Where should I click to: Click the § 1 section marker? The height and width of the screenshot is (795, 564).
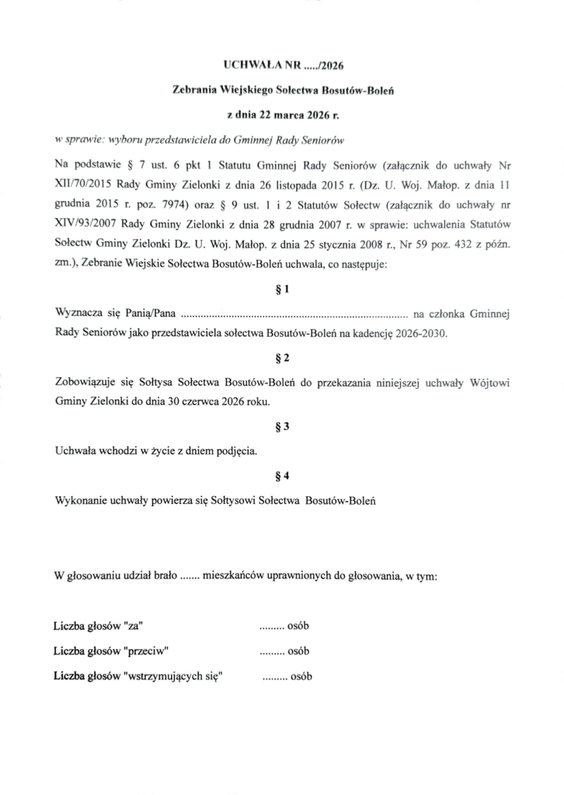pyautogui.click(x=282, y=290)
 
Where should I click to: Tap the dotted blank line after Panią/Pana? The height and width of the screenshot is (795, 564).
pyautogui.click(x=294, y=316)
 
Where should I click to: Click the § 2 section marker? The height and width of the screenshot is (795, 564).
pyautogui.click(x=282, y=358)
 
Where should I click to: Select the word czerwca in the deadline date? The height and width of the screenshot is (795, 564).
pyautogui.click(x=192, y=401)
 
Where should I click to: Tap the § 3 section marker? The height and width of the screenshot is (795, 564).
pyautogui.click(x=282, y=426)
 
